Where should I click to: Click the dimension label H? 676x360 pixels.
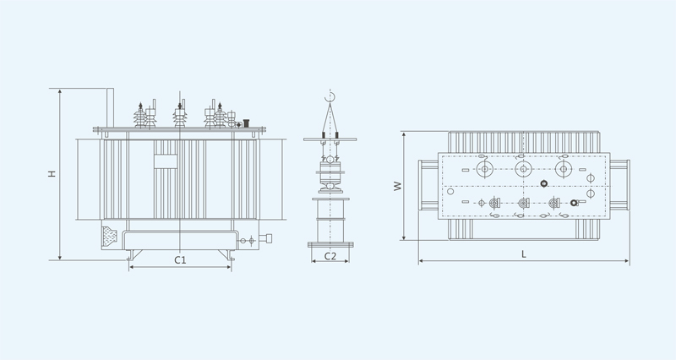point(52,173)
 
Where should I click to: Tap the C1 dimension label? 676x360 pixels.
point(180,260)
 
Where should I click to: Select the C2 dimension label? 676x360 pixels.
point(330,256)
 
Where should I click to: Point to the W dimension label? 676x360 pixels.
point(397,186)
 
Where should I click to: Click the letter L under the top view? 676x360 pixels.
point(524,254)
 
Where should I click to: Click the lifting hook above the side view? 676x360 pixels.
point(330,98)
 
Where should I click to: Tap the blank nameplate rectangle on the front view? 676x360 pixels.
point(166,161)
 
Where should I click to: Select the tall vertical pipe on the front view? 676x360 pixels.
point(111,108)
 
